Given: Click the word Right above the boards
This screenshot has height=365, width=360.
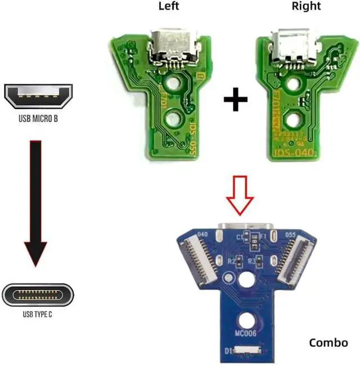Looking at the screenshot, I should tap(306, 6).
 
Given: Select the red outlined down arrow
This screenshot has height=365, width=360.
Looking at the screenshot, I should tap(240, 196).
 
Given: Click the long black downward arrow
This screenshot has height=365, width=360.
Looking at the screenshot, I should tap(37, 202).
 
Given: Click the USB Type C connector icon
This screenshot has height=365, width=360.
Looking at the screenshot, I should tap(38, 294).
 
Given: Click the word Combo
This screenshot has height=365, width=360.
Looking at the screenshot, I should tap(328, 342).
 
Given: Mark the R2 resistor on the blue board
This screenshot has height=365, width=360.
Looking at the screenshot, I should tap(240, 260).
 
